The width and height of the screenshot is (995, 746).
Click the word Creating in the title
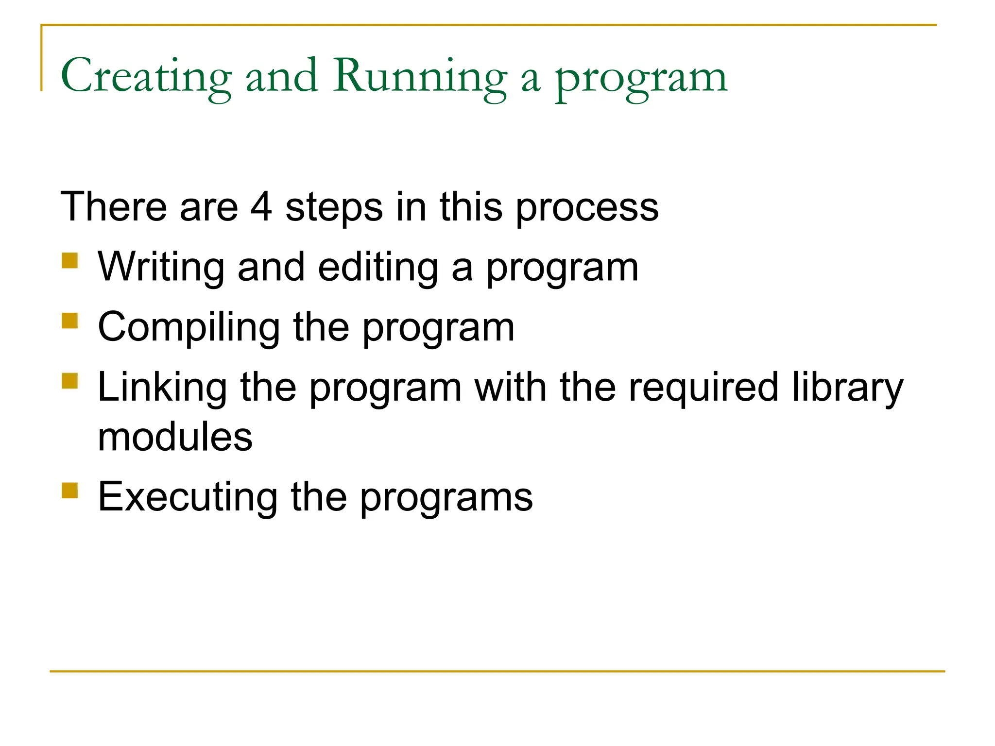[x=146, y=76]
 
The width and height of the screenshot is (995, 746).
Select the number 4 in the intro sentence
[x=261, y=207]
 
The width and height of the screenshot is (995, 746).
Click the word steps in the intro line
[x=334, y=208]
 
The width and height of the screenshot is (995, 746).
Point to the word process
[x=587, y=208]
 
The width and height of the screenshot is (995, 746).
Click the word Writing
[x=161, y=268]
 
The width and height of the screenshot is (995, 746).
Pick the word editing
[x=378, y=268]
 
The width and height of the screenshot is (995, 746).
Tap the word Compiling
[x=189, y=328]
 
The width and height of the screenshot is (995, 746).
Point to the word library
[x=847, y=388]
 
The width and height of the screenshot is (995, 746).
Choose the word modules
[x=175, y=437]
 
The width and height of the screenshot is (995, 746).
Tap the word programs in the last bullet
[x=446, y=499]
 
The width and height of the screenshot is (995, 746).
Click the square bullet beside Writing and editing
[x=70, y=260]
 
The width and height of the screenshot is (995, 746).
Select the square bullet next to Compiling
[x=70, y=321]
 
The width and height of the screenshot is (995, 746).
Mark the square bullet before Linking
[x=70, y=381]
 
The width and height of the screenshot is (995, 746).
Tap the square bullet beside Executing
[x=70, y=490]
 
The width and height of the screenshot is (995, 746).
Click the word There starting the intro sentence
[x=114, y=207]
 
